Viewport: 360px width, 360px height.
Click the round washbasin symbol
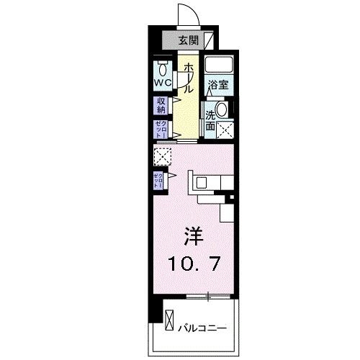click(222, 109)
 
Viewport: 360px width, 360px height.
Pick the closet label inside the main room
click(158, 180)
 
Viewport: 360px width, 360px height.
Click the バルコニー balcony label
click(202, 327)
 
